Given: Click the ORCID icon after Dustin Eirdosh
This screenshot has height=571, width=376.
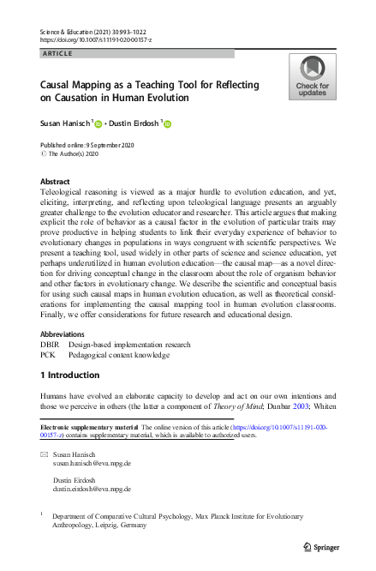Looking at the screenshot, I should (x=167, y=124).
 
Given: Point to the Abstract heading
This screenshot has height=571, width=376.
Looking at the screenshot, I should (x=56, y=182).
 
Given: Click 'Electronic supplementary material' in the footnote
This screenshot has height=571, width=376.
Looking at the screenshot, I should (x=86, y=426).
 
